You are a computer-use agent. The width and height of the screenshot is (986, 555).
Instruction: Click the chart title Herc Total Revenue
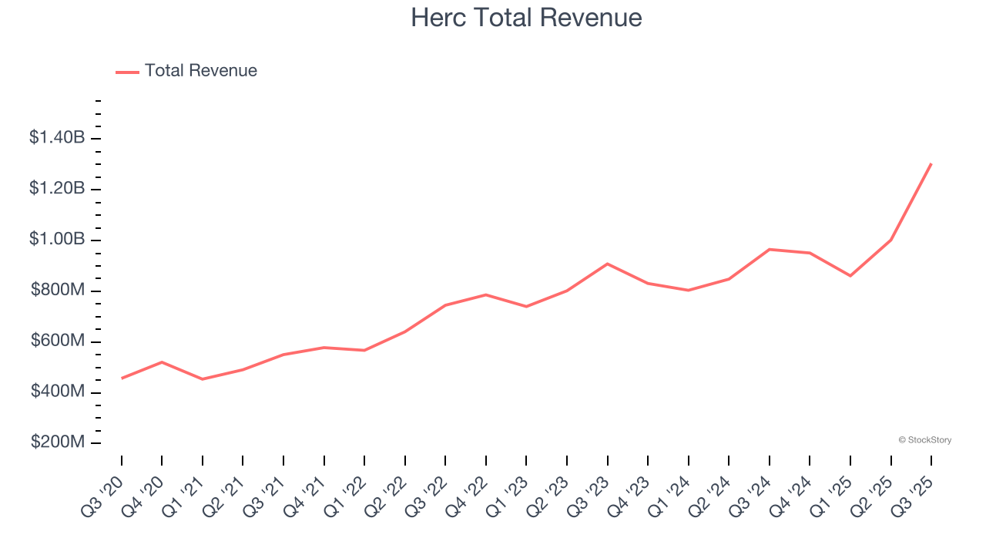tap(526, 18)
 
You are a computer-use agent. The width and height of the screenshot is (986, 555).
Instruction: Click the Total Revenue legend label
tap(201, 71)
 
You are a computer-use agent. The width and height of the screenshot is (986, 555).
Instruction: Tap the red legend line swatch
tap(127, 72)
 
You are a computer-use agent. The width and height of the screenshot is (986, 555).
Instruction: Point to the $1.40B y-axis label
tap(57, 138)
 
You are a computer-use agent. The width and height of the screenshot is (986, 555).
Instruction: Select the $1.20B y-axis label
tap(57, 189)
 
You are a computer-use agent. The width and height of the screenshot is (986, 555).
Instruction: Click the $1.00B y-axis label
tap(57, 240)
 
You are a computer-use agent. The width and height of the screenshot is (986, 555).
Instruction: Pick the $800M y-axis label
tap(58, 291)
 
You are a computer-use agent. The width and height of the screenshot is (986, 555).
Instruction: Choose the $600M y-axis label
tap(58, 341)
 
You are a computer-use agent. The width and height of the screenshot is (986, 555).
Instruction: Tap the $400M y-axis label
tap(58, 392)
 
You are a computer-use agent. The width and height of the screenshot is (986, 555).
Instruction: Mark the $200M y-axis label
tap(58, 443)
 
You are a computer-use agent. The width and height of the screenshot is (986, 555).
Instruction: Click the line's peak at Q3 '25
tap(931, 163)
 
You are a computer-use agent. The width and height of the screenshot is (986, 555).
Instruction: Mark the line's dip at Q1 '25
tap(850, 276)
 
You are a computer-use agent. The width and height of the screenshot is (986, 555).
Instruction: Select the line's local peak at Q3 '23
tap(608, 264)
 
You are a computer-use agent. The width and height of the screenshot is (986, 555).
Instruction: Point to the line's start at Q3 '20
tap(122, 378)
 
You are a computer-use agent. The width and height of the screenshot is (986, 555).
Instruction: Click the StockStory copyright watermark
tap(925, 440)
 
